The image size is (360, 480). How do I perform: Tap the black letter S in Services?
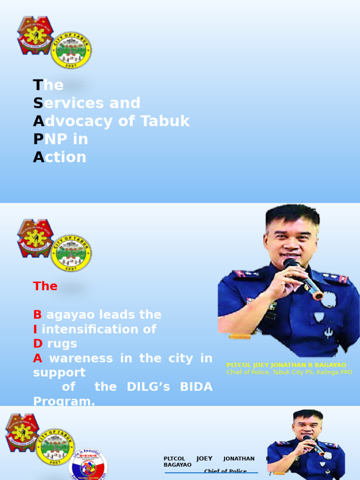[38, 103]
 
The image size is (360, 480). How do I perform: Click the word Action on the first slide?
[60, 157]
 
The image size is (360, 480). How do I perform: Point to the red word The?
[45, 286]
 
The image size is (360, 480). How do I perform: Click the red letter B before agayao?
[37, 315]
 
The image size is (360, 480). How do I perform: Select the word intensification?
[99, 329]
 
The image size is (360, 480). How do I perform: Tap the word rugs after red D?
[62, 344]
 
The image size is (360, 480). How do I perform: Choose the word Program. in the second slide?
[64, 401]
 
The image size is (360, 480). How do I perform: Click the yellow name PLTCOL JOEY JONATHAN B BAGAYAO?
[286, 365]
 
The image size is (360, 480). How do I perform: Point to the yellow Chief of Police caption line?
[289, 372]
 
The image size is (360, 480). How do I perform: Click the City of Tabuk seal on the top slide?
[71, 51]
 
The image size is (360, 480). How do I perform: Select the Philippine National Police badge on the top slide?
[35, 36]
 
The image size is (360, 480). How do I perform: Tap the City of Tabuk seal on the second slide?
[71, 254]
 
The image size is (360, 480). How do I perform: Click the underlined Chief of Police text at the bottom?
[225, 472]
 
